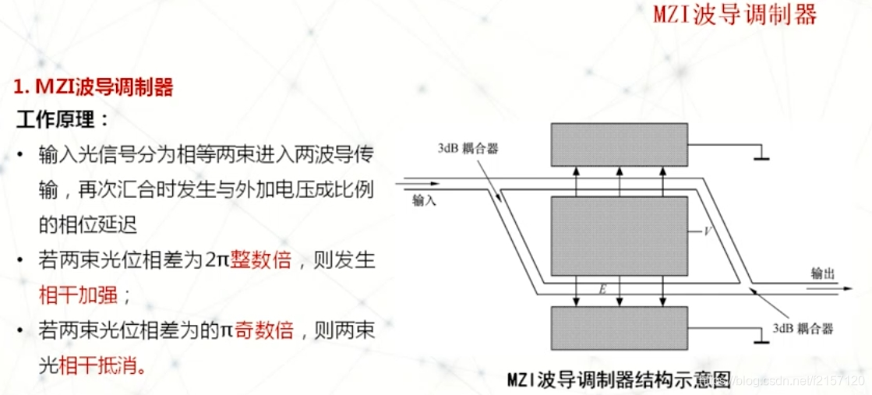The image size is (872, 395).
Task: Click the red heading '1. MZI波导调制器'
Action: click(x=94, y=86)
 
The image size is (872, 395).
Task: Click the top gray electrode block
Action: click(x=619, y=144)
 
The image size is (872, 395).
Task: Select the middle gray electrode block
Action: click(x=619, y=236)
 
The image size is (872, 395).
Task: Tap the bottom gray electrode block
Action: click(x=619, y=327)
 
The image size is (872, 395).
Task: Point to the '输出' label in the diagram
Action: click(x=823, y=273)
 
